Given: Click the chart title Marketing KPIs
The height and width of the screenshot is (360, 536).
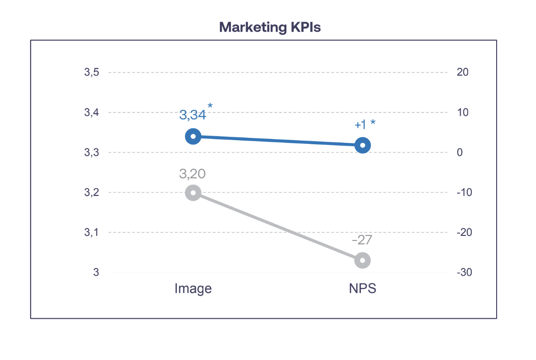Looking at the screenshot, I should tap(270, 27).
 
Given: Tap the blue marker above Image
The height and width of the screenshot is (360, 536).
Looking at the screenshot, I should tap(193, 136).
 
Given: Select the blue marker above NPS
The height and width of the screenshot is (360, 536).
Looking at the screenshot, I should tap(362, 146).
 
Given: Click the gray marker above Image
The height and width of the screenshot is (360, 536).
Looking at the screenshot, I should tap(193, 193).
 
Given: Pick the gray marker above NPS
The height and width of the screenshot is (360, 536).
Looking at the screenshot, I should tap(362, 260).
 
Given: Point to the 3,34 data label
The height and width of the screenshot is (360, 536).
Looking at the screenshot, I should tap(192, 115).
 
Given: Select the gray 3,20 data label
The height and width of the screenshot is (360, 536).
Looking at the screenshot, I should tap(192, 174).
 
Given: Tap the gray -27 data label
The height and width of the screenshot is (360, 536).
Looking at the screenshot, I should tap(361, 240).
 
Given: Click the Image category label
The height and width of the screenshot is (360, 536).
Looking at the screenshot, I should tap(193, 289).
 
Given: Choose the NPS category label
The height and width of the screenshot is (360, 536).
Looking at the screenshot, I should tap(362, 289).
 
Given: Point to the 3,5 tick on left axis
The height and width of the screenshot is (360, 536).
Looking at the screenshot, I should tap(92, 72).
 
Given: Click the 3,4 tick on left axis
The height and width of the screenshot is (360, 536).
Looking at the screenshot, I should tap(92, 113).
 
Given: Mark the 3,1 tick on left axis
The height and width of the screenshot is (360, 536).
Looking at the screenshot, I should tap(92, 233).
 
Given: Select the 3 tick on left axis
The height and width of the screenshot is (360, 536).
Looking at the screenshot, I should tap(96, 273).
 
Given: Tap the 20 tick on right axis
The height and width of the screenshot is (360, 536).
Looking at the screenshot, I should tap(462, 72).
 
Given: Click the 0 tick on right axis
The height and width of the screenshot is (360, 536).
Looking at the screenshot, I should tap(459, 153).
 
